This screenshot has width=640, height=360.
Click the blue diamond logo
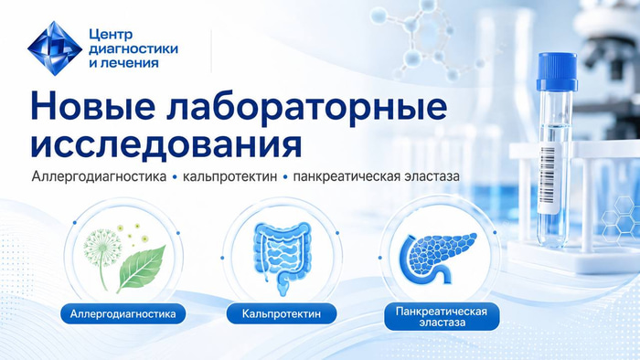pos(55,48)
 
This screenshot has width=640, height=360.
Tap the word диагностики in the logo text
pos(133,49)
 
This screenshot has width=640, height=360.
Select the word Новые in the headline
pos(92,106)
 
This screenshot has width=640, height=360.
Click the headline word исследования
pos(166,144)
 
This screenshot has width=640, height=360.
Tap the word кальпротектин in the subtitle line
pos(229,176)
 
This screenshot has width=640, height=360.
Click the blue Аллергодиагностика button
pos(123,313)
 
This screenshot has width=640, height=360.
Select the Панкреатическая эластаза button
pos(442,317)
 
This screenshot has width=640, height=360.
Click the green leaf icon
pos(141,267)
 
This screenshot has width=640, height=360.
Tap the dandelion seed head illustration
pos(102,246)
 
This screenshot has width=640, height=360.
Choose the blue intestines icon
pos(282,258)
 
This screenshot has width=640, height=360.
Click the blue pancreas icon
pos(437,258)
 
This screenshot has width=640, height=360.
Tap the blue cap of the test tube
pos(557,72)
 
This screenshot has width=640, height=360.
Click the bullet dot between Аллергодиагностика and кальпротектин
pos(175,177)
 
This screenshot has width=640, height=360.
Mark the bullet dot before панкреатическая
pos(285,177)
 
